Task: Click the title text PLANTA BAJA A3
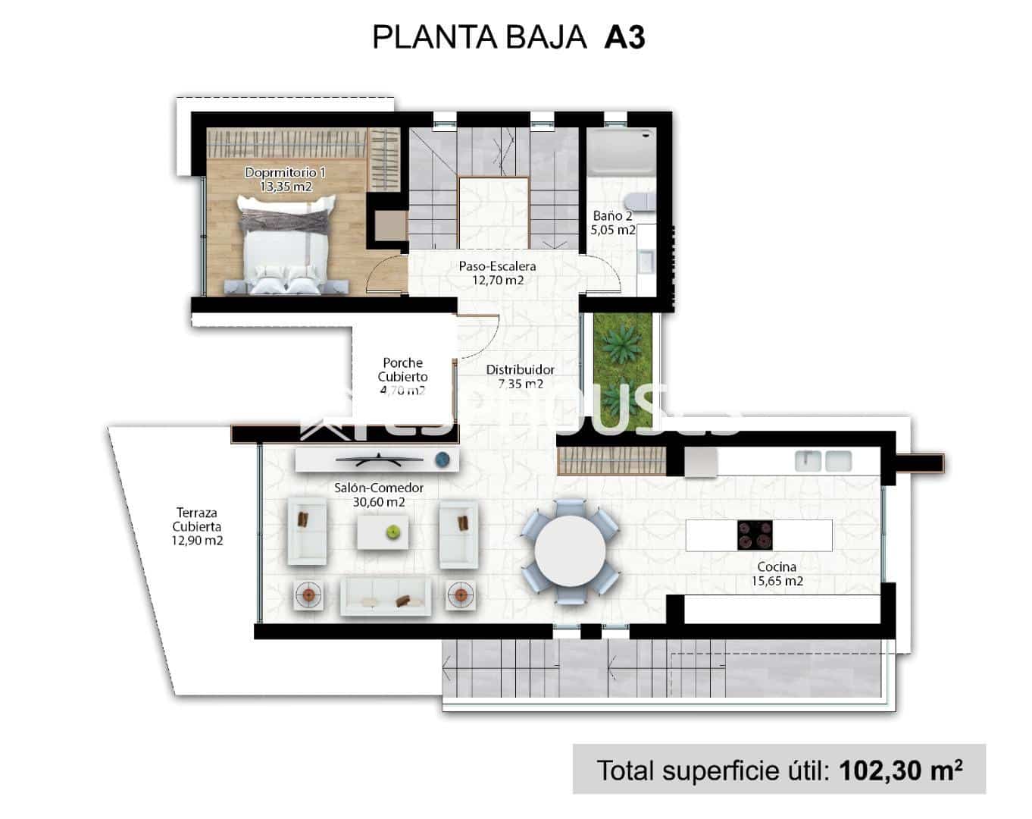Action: (508, 37)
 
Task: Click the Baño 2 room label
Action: (612, 223)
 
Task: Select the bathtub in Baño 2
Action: (621, 152)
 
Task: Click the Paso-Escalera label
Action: (497, 273)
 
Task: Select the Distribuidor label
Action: (520, 376)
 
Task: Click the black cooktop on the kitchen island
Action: (755, 535)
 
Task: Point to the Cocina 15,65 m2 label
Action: (777, 574)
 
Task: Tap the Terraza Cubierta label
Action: (197, 526)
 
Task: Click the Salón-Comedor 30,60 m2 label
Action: (378, 494)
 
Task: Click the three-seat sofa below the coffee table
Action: (386, 595)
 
